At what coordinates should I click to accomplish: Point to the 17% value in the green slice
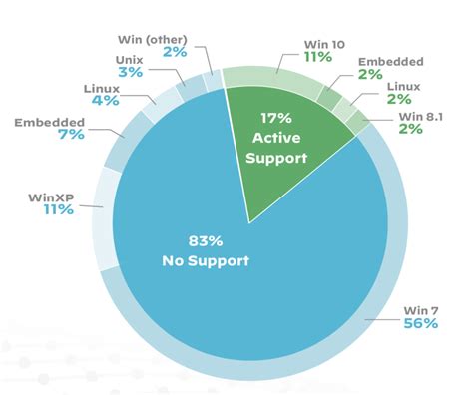(276, 117)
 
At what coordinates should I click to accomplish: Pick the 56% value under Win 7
(421, 325)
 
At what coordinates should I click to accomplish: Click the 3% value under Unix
(127, 73)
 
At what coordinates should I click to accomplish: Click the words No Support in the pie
(204, 261)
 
